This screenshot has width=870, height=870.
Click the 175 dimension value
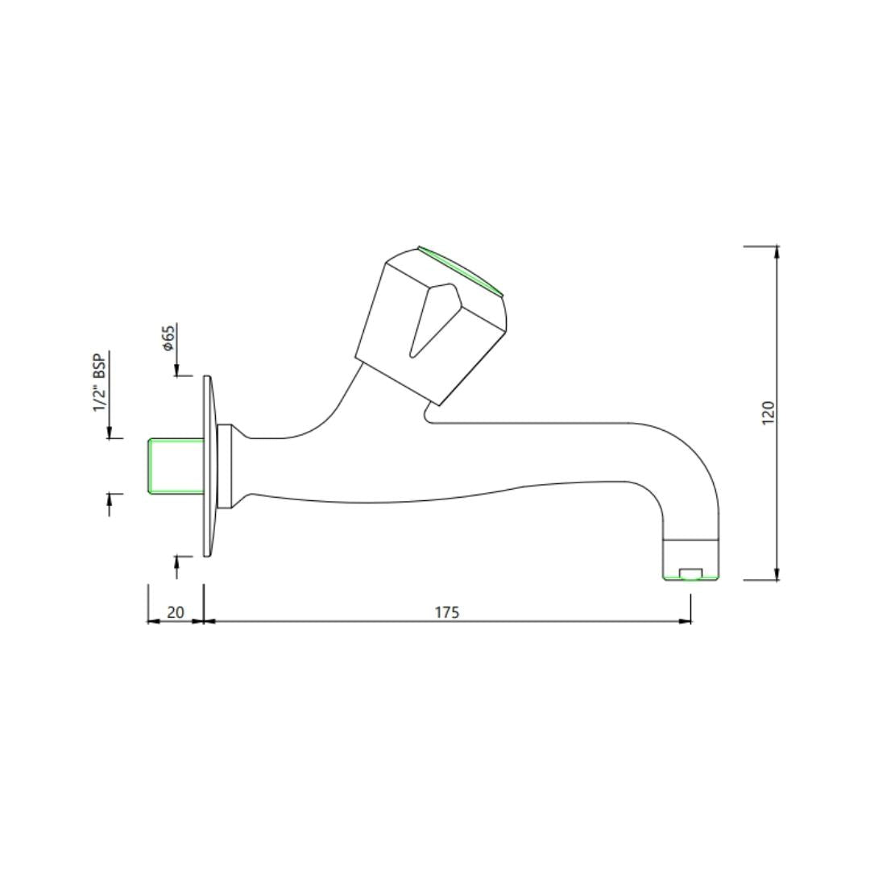[x=446, y=612]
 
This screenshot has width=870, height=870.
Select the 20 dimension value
[x=176, y=612]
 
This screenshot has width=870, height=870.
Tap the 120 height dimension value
[x=768, y=412]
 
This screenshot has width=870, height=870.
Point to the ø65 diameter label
[x=168, y=338]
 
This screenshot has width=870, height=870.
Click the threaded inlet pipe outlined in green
[x=176, y=465]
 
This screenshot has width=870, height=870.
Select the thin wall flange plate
[x=208, y=466]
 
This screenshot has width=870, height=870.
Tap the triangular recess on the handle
[x=435, y=320]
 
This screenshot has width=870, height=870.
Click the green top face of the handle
[x=460, y=270]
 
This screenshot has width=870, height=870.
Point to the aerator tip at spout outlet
[x=691, y=559]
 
